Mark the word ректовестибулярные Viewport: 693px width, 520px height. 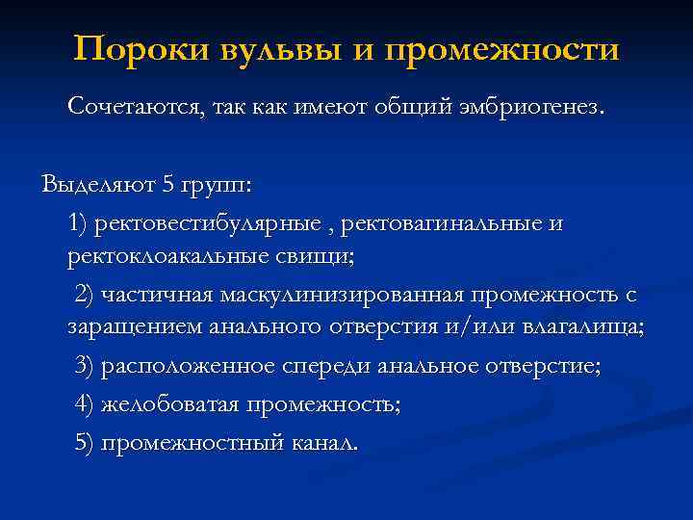pos(206,223)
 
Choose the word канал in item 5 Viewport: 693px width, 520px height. pos(322,443)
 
